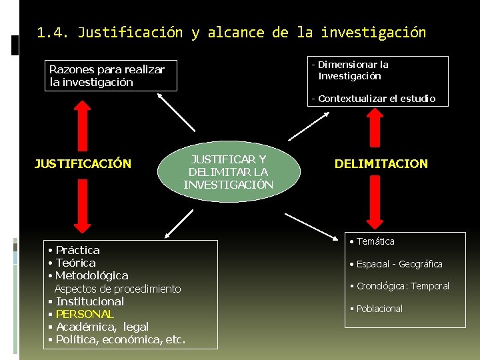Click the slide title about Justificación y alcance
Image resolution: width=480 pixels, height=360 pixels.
(x=231, y=33)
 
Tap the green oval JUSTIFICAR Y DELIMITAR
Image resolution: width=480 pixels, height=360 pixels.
(x=229, y=172)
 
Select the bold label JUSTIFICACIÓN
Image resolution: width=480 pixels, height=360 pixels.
(x=83, y=163)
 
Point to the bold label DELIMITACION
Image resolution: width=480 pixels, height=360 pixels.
(x=381, y=163)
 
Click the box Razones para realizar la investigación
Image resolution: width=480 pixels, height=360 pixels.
(x=112, y=76)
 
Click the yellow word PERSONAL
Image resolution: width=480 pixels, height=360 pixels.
(x=85, y=314)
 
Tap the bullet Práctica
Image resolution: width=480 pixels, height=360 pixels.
(x=77, y=250)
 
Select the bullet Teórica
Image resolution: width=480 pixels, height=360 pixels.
(x=75, y=263)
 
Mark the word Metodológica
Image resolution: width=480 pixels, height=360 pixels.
(x=92, y=275)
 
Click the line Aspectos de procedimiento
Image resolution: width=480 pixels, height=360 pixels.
(x=117, y=289)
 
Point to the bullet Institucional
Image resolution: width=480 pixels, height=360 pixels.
(x=90, y=301)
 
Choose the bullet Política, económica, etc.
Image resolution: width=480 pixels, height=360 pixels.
(x=120, y=339)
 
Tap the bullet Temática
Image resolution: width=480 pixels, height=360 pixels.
(x=375, y=241)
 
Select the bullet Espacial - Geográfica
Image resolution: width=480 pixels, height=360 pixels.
(x=399, y=264)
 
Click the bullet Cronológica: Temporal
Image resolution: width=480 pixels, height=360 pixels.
(x=403, y=286)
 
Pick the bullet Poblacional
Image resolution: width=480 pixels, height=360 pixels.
(x=379, y=309)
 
